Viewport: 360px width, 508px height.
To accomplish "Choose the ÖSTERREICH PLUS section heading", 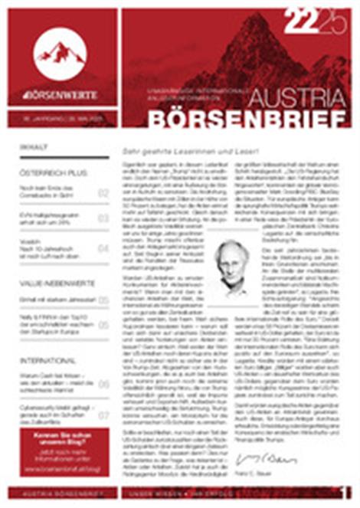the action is pos(50,173).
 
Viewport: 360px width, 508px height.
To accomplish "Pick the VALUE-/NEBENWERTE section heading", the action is pos(54,282).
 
